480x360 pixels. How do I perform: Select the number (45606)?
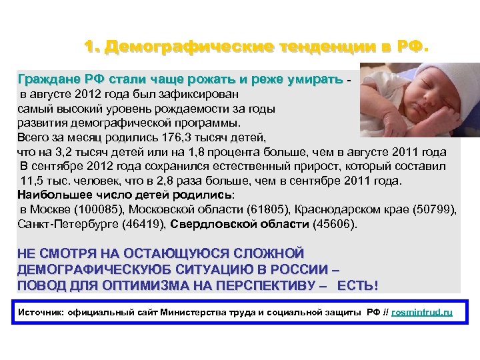point(334,225)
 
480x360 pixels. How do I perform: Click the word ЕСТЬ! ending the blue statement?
point(357,286)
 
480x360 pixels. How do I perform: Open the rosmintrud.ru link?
point(421,312)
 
